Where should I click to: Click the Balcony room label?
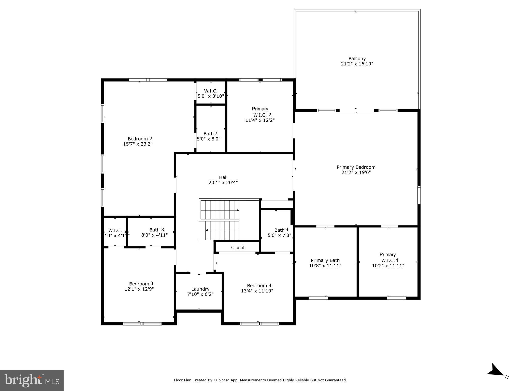pos(357,59)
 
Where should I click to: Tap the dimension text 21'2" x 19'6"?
pos(356,173)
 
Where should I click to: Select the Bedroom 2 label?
pos(140,139)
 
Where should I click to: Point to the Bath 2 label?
pos(210,134)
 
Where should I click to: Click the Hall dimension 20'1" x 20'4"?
pos(223,183)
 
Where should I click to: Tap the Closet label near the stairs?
pos(238,248)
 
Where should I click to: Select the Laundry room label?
pos(200,289)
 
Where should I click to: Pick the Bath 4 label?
pos(281,230)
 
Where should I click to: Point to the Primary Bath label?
pos(325,260)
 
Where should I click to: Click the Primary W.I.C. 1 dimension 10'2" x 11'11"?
pos(388,266)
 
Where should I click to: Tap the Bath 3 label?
pos(156,230)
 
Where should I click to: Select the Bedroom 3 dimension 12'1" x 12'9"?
pos(139,289)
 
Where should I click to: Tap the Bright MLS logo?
pos(32,380)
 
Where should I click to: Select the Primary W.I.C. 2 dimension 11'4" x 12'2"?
pos(260,120)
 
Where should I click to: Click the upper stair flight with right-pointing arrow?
pos(220,210)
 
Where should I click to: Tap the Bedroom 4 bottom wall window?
pos(259,324)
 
